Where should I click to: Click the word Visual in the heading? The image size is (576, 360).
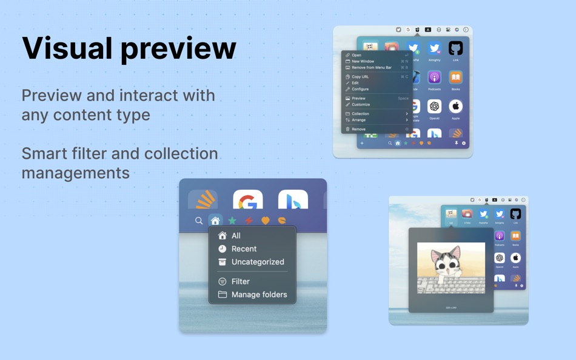(x=67, y=48)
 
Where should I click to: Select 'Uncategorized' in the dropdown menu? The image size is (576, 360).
(x=257, y=262)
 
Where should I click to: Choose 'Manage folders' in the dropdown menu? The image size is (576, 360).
(x=258, y=295)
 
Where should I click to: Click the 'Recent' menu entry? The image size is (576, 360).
(x=244, y=248)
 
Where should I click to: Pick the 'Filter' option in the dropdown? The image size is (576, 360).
(x=240, y=281)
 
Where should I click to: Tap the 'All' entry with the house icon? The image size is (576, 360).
(x=235, y=236)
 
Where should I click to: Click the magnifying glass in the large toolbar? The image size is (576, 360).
(x=199, y=221)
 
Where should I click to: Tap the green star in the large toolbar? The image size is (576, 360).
(x=232, y=221)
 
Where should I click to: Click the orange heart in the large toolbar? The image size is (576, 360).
(x=265, y=221)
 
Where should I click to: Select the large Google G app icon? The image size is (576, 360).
(x=248, y=201)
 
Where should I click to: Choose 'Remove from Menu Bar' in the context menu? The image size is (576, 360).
(x=371, y=67)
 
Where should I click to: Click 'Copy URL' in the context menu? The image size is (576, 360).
(x=360, y=77)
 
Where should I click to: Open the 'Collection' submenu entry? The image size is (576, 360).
(x=360, y=114)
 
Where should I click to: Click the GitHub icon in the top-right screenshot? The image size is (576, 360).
(x=455, y=48)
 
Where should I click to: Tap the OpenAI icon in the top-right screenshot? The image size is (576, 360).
(x=434, y=107)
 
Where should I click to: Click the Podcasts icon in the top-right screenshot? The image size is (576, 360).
(x=434, y=78)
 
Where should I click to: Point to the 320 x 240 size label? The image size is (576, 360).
(x=451, y=308)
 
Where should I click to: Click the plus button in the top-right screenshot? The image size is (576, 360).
(x=362, y=144)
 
